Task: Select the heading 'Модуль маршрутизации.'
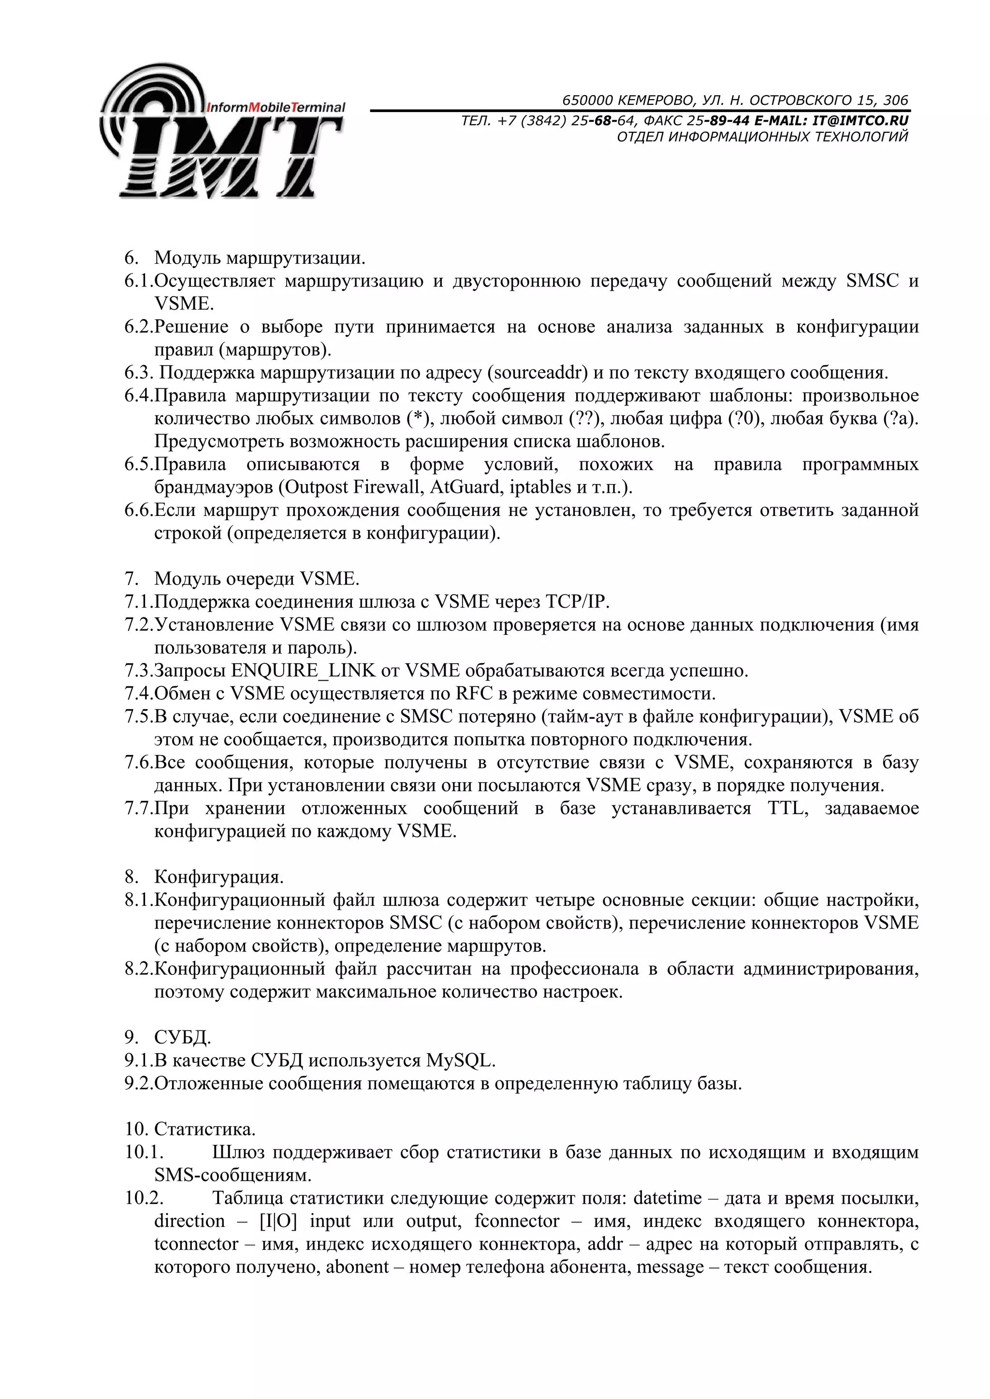259,258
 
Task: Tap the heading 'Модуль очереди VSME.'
257,578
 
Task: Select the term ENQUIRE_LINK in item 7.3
303,670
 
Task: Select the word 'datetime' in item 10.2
668,1198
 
